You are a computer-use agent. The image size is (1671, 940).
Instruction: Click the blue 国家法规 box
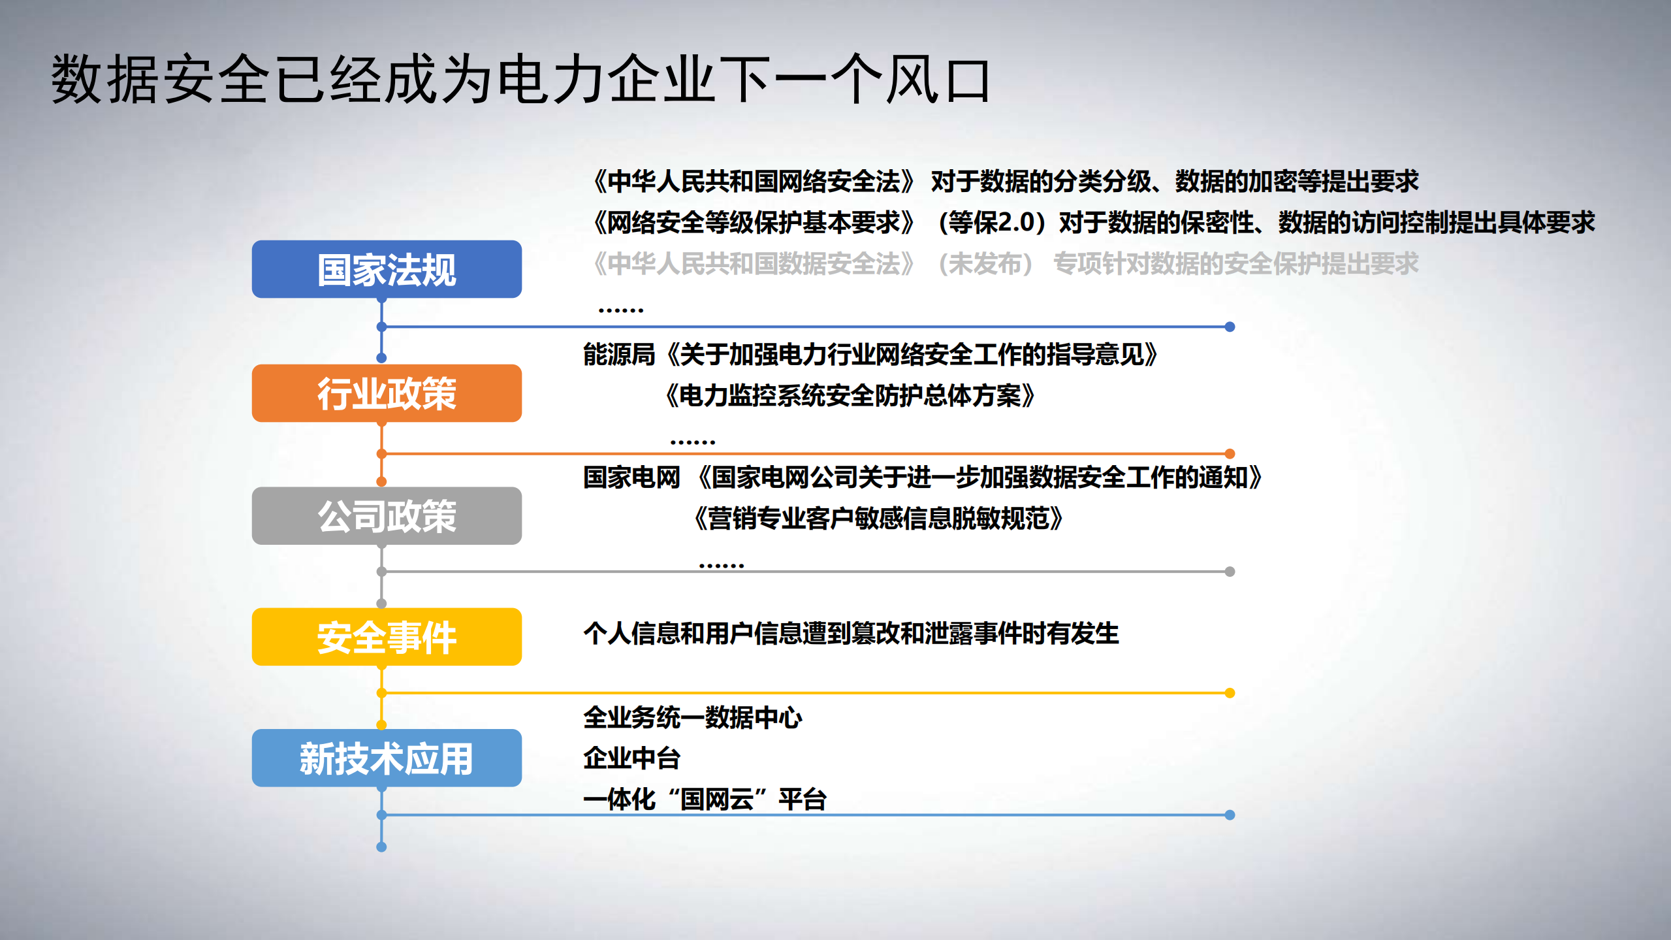pyautogui.click(x=387, y=269)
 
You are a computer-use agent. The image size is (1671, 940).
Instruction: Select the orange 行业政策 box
pyautogui.click(x=387, y=393)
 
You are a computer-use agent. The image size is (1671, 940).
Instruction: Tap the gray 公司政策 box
pyautogui.click(x=387, y=516)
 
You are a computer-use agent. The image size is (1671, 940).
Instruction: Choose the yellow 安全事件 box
pyautogui.click(x=387, y=637)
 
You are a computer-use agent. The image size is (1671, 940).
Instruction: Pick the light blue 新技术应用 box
pyautogui.click(x=387, y=758)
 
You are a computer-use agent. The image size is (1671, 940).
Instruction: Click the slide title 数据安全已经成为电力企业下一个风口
pyautogui.click(x=520, y=80)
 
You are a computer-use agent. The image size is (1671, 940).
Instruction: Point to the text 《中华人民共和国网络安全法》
pyautogui.click(x=754, y=182)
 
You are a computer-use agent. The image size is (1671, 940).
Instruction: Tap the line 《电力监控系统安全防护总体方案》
pyautogui.click(x=850, y=396)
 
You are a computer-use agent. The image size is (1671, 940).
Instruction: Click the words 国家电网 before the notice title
pyautogui.click(x=631, y=478)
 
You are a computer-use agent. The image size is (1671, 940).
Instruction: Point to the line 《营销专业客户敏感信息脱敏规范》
pyautogui.click(x=878, y=519)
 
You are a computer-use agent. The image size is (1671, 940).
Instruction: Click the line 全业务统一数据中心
pyautogui.click(x=692, y=717)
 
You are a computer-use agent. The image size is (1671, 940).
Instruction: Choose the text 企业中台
pyautogui.click(x=631, y=758)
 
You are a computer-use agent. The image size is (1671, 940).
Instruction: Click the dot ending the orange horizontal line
pyautogui.click(x=1230, y=453)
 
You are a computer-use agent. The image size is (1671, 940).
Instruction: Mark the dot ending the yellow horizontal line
pyautogui.click(x=1230, y=692)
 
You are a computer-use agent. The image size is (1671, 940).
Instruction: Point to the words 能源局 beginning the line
pyautogui.click(x=619, y=355)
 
